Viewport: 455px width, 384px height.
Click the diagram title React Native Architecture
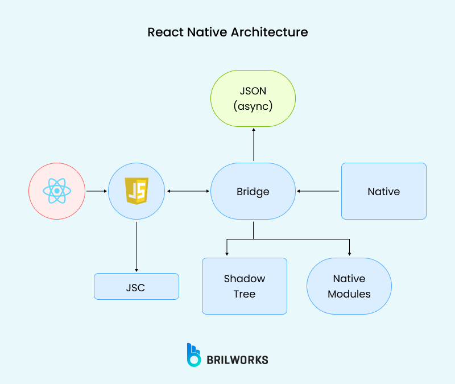227,32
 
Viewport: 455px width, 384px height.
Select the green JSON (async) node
253,98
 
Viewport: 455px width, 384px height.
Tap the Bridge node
253,191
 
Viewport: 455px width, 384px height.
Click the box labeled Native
383,191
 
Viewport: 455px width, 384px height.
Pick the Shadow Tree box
245,286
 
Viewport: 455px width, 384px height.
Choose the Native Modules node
349,286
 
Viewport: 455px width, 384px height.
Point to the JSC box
136,287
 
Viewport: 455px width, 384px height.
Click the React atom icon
57,191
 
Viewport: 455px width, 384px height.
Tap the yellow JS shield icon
136,191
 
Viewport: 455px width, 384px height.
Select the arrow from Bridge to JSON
254,145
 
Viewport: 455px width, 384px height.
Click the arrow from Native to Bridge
318,191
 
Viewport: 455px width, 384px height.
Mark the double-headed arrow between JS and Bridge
188,191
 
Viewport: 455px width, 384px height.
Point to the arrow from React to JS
97,191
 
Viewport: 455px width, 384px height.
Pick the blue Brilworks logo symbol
194,354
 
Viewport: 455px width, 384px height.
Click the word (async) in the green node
253,106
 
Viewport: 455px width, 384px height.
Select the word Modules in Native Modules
349,294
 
